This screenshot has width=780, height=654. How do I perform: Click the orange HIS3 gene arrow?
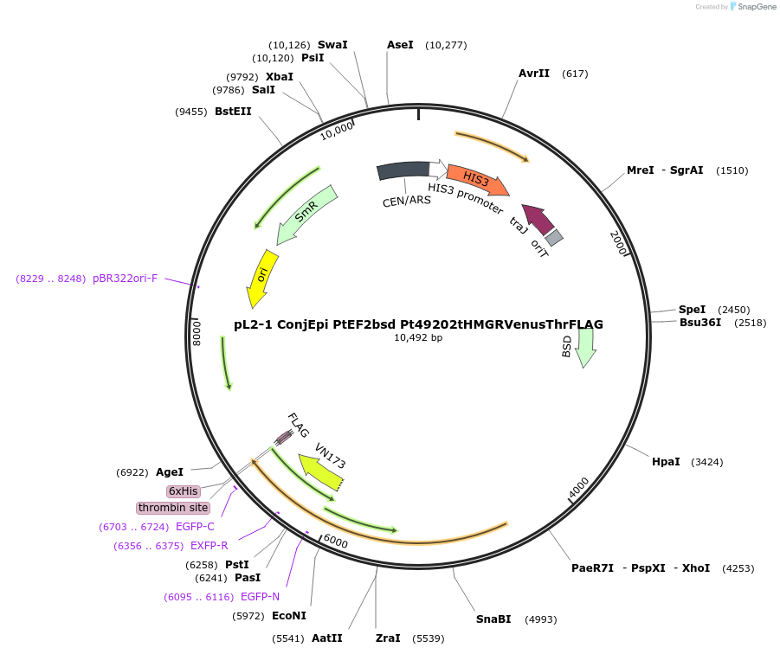click(x=477, y=180)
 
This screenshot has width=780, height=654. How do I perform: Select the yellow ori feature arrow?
click(x=261, y=278)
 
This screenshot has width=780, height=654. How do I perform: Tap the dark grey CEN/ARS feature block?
click(x=403, y=171)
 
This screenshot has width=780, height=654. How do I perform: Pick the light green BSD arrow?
click(x=586, y=347)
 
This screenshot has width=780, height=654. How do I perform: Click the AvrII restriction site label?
click(x=534, y=74)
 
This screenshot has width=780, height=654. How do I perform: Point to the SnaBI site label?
click(x=493, y=619)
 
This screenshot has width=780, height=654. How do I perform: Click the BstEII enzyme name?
click(x=233, y=112)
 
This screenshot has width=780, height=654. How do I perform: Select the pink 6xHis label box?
click(x=184, y=490)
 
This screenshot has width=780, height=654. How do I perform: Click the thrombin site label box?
click(x=173, y=508)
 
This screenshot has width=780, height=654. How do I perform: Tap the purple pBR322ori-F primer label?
click(x=125, y=279)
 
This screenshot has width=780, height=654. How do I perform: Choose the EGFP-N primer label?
click(x=260, y=597)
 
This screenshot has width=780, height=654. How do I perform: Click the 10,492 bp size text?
click(x=418, y=338)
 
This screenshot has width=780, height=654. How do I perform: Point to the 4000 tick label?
click(x=578, y=488)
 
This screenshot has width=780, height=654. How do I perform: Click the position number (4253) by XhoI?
click(x=738, y=568)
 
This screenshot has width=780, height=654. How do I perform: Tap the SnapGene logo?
click(x=752, y=7)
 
